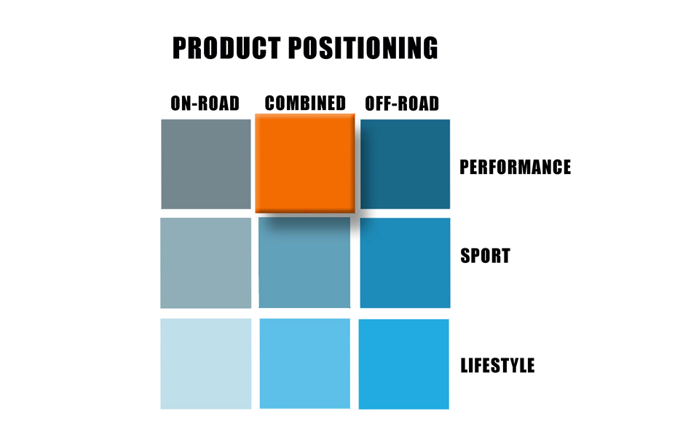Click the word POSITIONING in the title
click(363, 48)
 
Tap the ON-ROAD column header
click(205, 103)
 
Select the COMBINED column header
click(305, 103)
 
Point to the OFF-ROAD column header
click(402, 103)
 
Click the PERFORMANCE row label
click(516, 168)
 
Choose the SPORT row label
click(486, 256)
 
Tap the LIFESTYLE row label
click(497, 366)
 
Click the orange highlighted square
click(305, 163)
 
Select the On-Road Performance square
click(206, 164)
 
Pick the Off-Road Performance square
click(406, 164)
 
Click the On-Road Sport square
click(206, 263)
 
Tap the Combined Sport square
click(304, 263)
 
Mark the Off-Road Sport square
click(406, 263)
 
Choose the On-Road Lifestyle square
click(206, 364)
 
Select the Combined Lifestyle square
click(305, 363)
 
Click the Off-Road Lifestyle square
click(404, 364)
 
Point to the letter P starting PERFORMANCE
click(465, 168)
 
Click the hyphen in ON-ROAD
click(195, 104)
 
